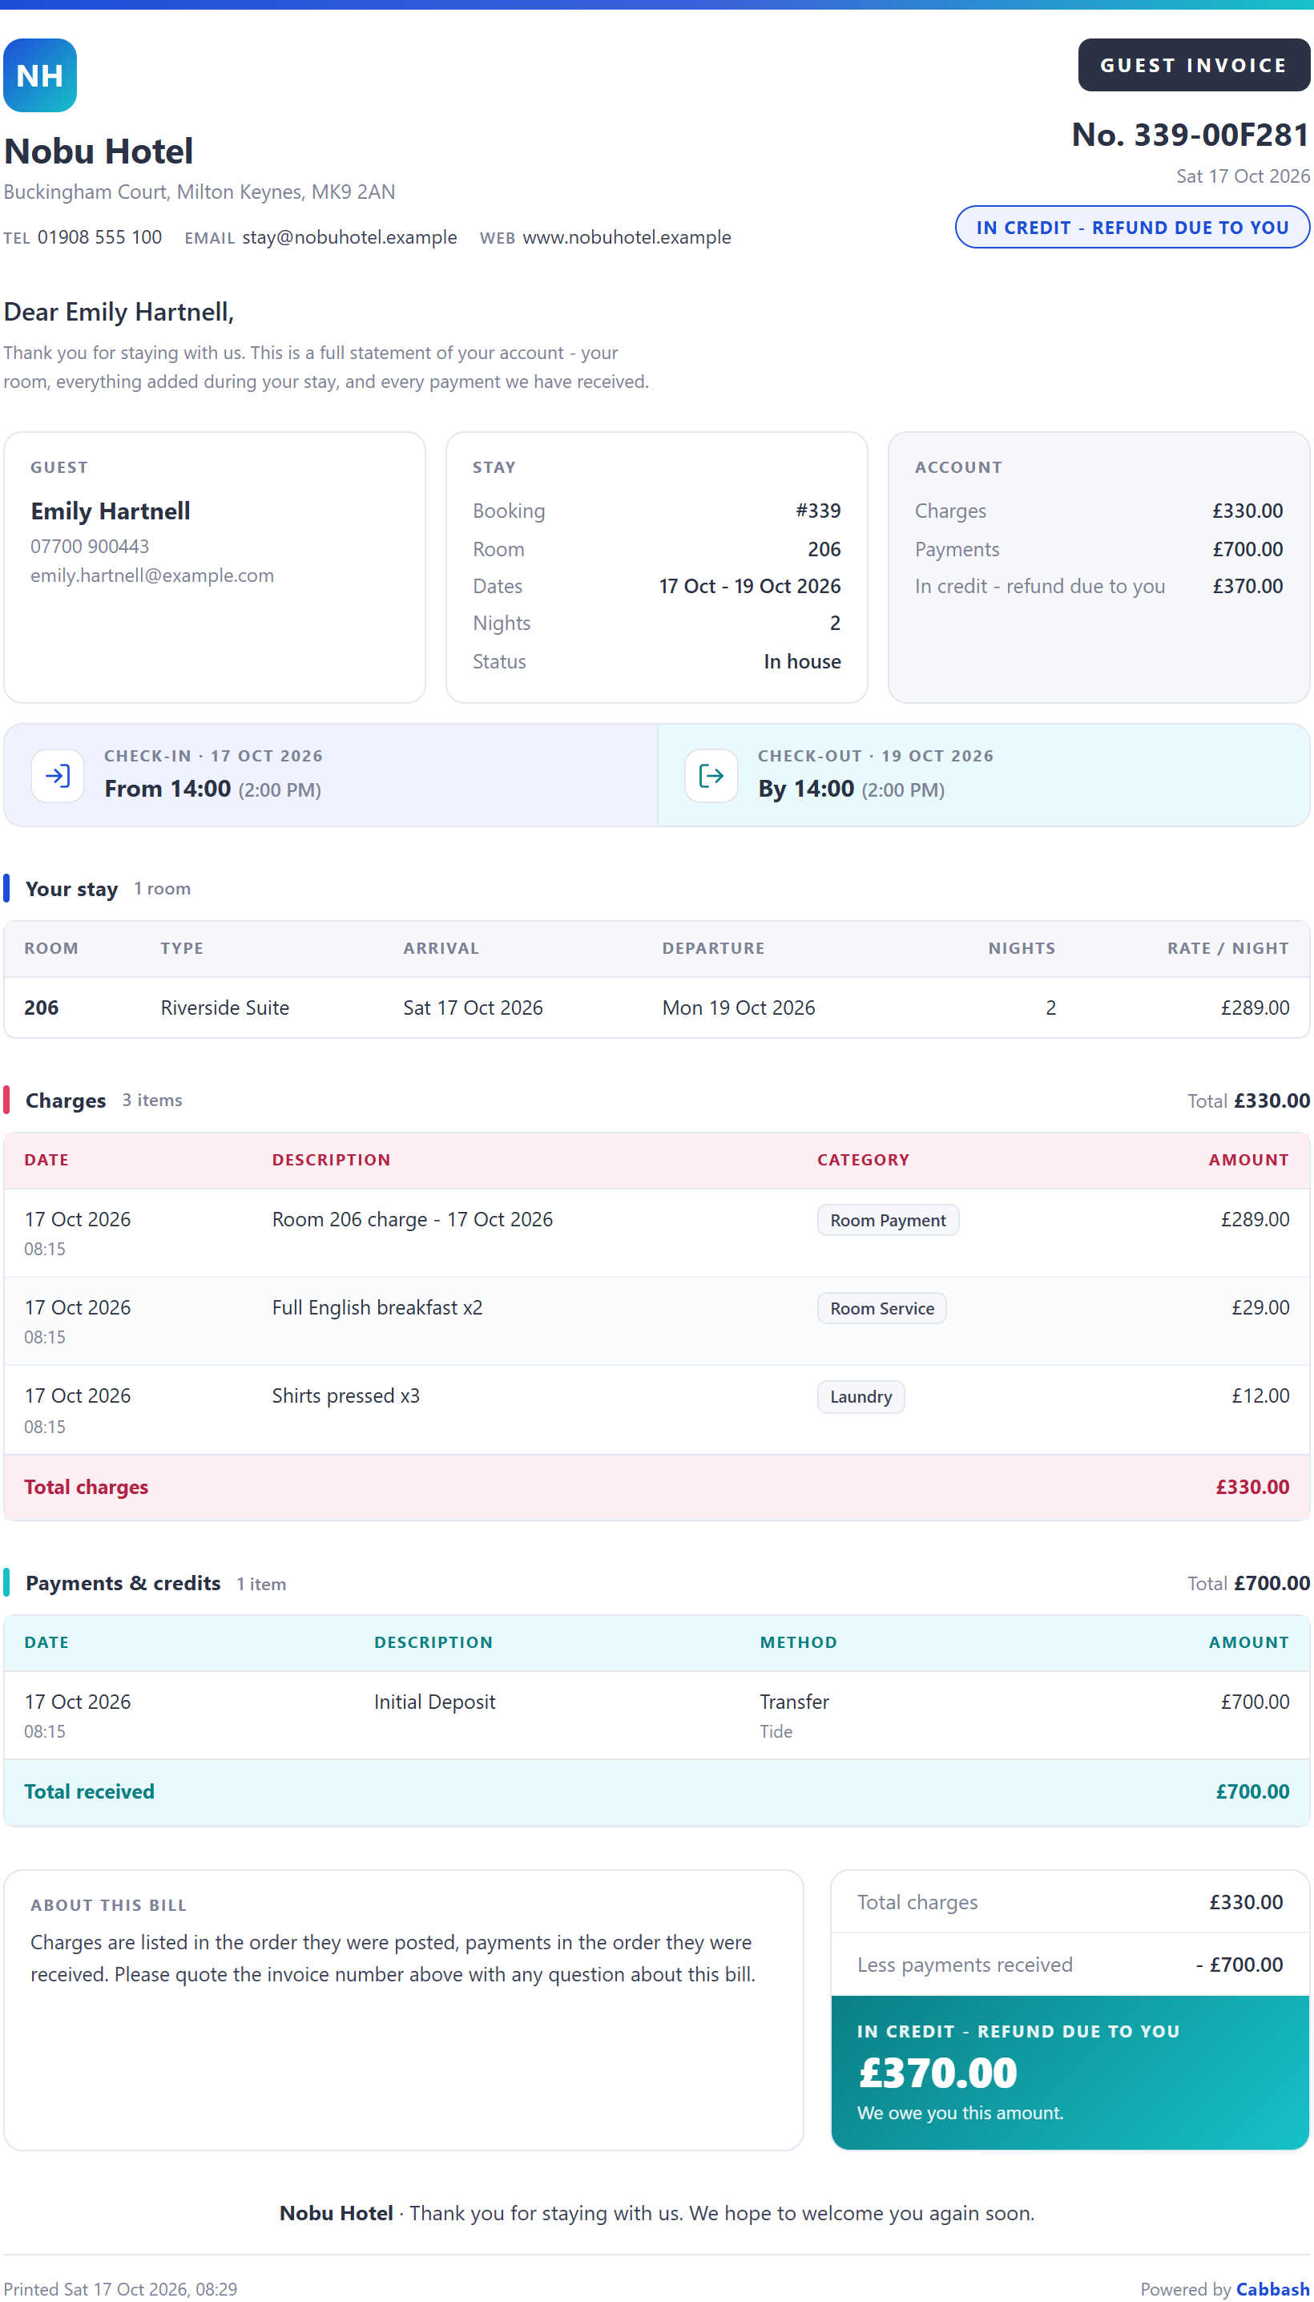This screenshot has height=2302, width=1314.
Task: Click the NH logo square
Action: tap(40, 75)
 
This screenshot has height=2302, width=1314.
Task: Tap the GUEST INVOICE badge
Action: tap(1193, 65)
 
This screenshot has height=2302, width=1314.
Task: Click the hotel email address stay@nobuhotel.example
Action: tap(349, 237)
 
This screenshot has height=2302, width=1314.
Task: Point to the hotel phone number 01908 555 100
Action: tap(99, 237)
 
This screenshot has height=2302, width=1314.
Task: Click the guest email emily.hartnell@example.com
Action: tap(151, 576)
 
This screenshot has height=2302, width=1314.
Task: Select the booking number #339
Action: tap(817, 511)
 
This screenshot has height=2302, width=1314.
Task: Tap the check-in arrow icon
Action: tap(58, 775)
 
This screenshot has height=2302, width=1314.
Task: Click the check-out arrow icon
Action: tap(711, 775)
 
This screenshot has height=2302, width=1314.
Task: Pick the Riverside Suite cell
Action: tap(224, 1008)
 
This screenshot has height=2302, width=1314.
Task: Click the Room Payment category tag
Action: tap(888, 1221)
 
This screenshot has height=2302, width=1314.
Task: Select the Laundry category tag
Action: tap(861, 1396)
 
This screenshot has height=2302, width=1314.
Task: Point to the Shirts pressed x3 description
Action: tap(345, 1395)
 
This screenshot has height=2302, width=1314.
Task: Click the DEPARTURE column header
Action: tap(713, 948)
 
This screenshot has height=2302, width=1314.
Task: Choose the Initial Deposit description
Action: tap(435, 1702)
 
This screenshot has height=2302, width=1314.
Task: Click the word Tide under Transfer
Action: tap(776, 1731)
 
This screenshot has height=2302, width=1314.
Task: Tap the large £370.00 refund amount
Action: tap(937, 2073)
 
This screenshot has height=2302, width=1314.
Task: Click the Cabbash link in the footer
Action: tap(1272, 2288)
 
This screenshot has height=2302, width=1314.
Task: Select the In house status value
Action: tap(802, 662)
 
